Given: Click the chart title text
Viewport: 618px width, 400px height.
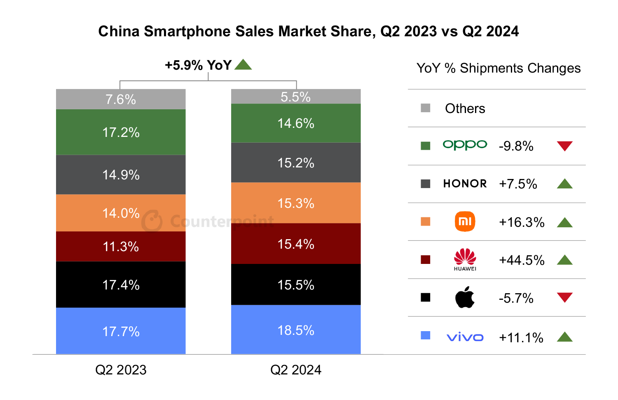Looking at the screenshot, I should pos(308,31).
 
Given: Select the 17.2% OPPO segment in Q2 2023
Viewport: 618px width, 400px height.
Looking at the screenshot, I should pos(121,132).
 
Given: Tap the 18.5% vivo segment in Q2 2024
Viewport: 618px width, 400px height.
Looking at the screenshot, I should pos(296,330).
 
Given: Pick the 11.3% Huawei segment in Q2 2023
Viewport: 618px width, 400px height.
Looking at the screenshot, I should pos(121,246).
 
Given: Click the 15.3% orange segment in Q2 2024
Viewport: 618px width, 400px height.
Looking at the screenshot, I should pos(296,203).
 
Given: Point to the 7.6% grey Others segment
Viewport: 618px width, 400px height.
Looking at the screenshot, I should pos(121,99).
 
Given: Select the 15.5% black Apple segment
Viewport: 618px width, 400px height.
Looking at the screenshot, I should pos(296,285).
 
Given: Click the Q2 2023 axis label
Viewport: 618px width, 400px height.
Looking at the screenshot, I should pos(121,369).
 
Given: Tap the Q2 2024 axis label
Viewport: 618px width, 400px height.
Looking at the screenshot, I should pos(296,369).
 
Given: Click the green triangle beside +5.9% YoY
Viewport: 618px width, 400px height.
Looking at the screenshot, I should pos(243,65).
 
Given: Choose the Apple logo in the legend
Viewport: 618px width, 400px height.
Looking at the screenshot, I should pos(465,298).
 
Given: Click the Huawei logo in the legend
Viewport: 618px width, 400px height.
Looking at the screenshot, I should pos(465,259).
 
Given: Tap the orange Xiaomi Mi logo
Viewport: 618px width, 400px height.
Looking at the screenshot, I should pos(465,221).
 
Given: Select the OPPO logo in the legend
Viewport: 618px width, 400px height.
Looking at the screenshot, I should pos(465,145).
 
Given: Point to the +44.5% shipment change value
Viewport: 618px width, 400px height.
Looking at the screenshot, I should pos(522,260).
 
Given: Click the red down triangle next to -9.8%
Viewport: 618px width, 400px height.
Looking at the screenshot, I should pos(564,146).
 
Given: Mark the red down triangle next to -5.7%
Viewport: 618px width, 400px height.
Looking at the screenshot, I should pos(564,297).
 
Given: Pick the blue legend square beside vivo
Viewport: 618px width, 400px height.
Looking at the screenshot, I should pos(426,335).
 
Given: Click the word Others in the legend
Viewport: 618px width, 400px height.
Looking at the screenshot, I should pos(465,108).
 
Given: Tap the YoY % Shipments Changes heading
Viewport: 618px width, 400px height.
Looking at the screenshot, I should pos(499,68).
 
